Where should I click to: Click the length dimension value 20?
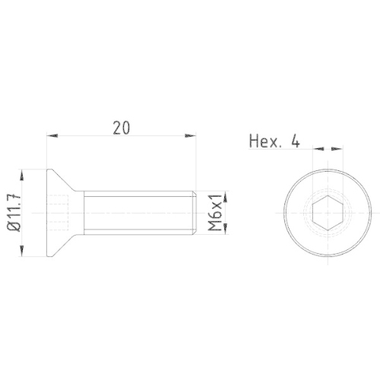tap(120, 128)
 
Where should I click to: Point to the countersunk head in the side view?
tap(61, 214)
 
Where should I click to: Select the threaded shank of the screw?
tap(137, 214)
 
